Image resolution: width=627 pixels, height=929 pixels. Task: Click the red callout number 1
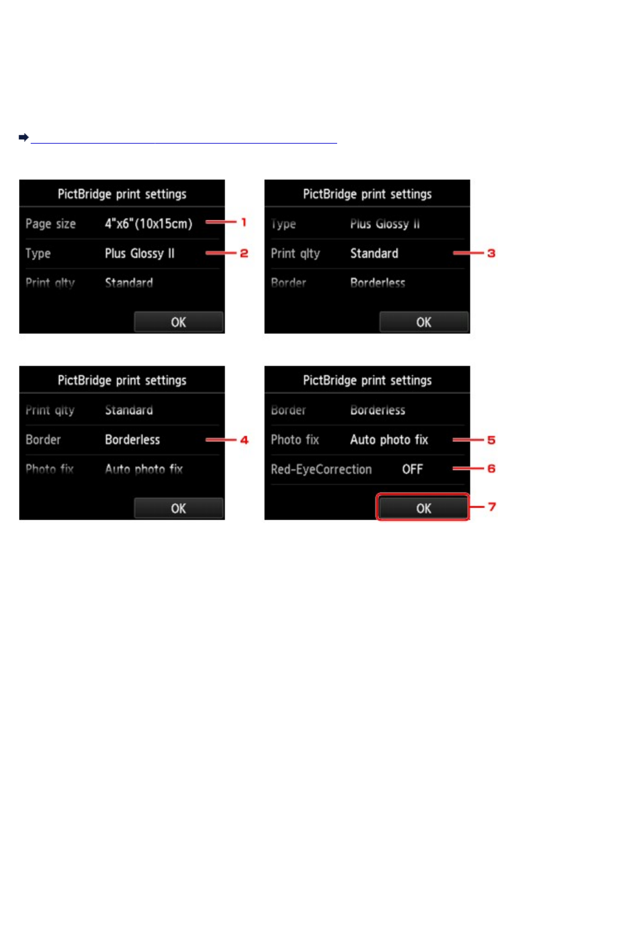click(244, 222)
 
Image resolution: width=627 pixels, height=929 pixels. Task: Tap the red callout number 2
click(244, 253)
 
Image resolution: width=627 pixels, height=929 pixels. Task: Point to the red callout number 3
click(491, 253)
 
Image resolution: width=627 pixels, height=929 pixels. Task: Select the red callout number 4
click(244, 439)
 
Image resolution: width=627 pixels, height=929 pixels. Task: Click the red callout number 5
click(491, 439)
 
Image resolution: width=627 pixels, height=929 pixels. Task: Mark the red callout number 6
click(491, 468)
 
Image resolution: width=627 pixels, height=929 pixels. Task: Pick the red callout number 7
click(491, 506)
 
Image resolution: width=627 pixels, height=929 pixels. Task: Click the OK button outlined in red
click(423, 508)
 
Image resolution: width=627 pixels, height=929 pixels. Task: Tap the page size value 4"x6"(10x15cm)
click(148, 223)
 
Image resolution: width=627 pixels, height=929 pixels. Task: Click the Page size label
click(50, 223)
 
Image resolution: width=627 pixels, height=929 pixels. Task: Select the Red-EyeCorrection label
click(321, 469)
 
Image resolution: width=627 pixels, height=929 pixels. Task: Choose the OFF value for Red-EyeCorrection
click(412, 469)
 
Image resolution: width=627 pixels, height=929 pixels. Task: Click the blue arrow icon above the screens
click(23, 137)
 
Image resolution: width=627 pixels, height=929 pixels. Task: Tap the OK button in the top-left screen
click(178, 322)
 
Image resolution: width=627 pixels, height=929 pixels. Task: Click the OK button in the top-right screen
click(424, 322)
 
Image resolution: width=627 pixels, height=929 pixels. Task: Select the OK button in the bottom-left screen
click(178, 508)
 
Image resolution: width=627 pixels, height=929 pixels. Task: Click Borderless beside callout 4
click(132, 439)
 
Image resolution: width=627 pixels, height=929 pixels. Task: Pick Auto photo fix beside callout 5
click(389, 439)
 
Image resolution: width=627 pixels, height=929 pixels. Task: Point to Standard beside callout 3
click(374, 253)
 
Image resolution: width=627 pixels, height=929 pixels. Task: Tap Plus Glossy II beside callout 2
click(139, 253)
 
